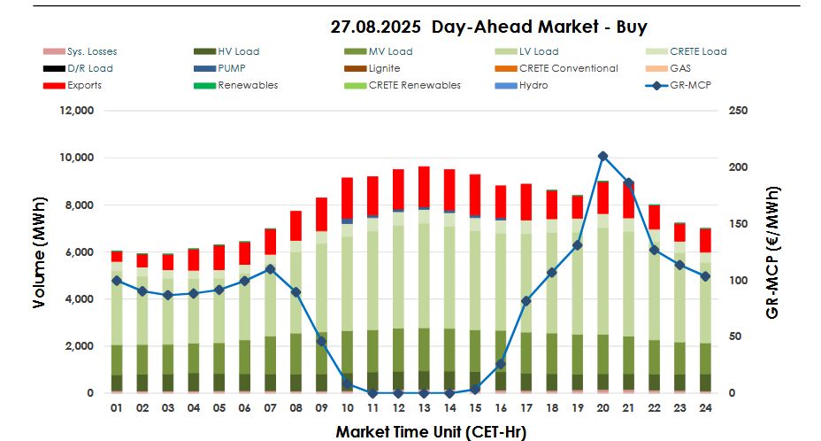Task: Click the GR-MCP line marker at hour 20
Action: (x=603, y=156)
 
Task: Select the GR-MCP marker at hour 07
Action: (x=271, y=269)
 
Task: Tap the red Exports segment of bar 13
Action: (x=425, y=187)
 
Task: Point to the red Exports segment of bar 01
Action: (x=117, y=256)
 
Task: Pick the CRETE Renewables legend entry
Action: (x=403, y=85)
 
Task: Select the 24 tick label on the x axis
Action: (x=705, y=408)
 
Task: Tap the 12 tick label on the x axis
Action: (x=399, y=408)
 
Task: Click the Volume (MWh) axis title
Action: (x=39, y=253)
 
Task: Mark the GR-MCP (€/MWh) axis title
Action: (x=773, y=252)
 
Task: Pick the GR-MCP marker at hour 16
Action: (x=501, y=364)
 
